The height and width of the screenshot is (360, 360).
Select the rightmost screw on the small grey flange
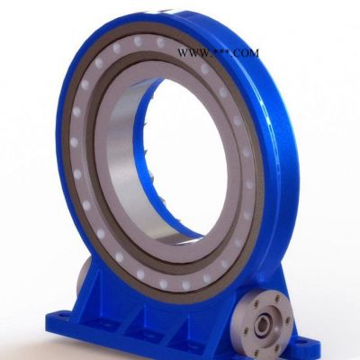click(288, 320)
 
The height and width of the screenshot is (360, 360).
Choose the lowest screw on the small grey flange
click(277, 347)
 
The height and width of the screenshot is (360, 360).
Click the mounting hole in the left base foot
click(62, 316)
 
